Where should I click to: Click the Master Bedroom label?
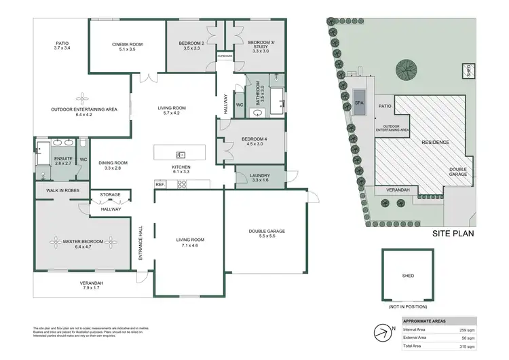point(84,241)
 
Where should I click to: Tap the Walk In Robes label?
point(63,190)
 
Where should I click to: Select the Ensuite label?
point(63,160)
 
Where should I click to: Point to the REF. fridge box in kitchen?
point(161,184)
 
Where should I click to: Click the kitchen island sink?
point(181,154)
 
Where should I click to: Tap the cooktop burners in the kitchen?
point(183,183)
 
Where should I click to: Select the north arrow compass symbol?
point(382,333)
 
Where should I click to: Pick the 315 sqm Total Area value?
point(468,346)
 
